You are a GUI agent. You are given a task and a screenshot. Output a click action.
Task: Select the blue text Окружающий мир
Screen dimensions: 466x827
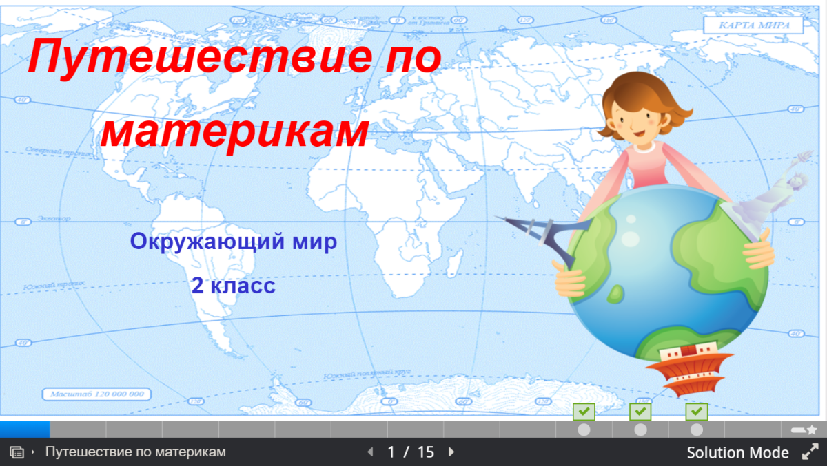(233, 242)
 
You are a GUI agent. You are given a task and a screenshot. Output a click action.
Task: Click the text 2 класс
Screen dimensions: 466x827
(233, 286)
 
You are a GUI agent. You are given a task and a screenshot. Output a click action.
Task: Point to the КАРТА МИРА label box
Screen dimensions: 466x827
(753, 25)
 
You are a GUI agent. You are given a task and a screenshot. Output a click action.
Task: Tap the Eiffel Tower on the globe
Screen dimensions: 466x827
(544, 237)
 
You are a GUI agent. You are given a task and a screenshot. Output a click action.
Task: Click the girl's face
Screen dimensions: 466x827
(637, 117)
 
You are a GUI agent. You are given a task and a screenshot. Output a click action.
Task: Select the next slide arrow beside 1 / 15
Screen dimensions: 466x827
(451, 452)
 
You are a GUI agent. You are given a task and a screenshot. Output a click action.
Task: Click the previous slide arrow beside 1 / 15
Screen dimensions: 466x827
(370, 452)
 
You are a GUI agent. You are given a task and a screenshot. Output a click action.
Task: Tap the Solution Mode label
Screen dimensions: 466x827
(737, 452)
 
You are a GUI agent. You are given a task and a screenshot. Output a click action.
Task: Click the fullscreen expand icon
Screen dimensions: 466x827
(810, 452)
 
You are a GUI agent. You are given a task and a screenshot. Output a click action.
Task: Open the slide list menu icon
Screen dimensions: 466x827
(18, 452)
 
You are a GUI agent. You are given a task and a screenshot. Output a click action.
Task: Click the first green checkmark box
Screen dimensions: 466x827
(584, 412)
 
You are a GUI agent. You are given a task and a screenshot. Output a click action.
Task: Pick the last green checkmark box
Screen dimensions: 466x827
(697, 412)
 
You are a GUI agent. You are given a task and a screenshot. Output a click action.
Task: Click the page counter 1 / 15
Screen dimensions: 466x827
(411, 452)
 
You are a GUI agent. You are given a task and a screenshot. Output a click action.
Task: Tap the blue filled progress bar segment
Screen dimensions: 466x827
(25, 430)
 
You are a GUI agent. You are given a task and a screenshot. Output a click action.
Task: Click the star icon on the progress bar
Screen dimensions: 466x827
(811, 430)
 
